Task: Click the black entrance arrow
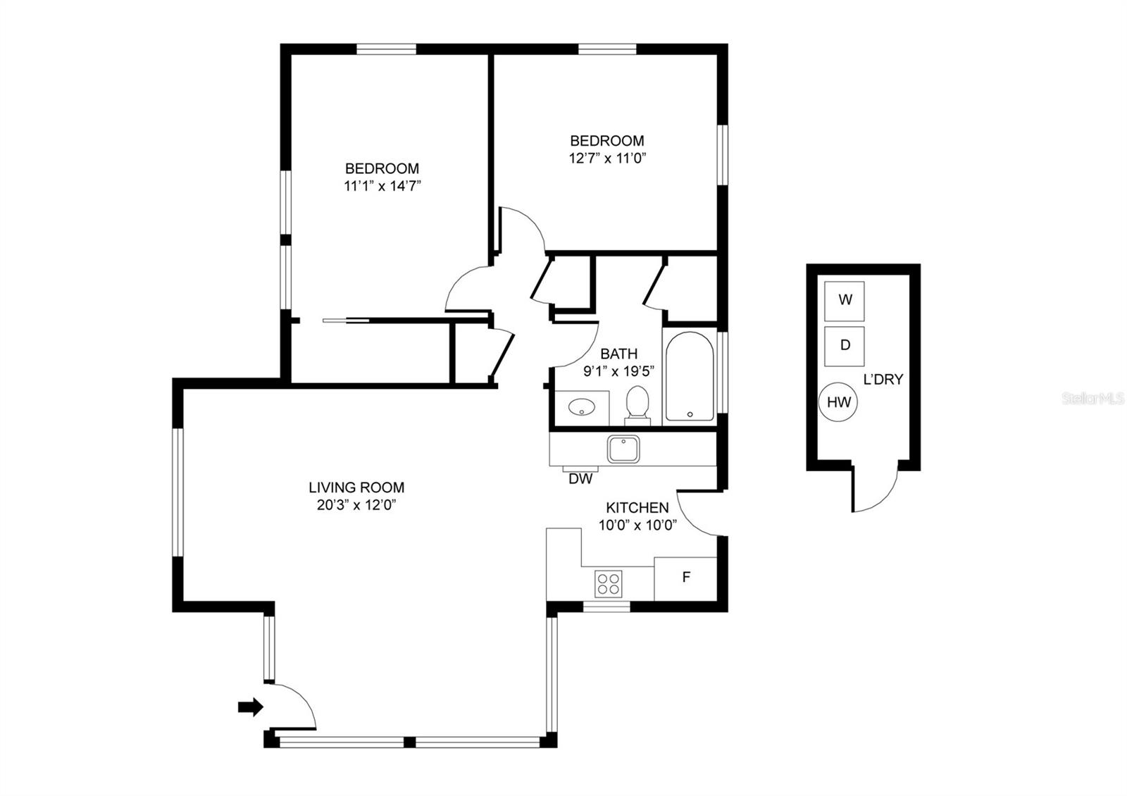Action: pyautogui.click(x=251, y=707)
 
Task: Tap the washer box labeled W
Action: pyautogui.click(x=845, y=301)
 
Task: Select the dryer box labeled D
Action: pyautogui.click(x=845, y=346)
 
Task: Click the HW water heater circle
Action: pyautogui.click(x=838, y=402)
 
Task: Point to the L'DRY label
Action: pyautogui.click(x=883, y=380)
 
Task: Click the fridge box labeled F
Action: pyautogui.click(x=685, y=578)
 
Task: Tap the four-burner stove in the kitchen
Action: pyautogui.click(x=609, y=584)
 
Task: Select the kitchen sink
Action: pyautogui.click(x=623, y=449)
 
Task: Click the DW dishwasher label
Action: pyautogui.click(x=580, y=479)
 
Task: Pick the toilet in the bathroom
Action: pyautogui.click(x=637, y=405)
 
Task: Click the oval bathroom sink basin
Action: pyautogui.click(x=582, y=406)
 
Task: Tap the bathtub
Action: pyautogui.click(x=690, y=376)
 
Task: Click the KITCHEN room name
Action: pyautogui.click(x=637, y=507)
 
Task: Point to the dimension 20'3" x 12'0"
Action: pyautogui.click(x=356, y=504)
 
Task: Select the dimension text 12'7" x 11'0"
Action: pyautogui.click(x=607, y=158)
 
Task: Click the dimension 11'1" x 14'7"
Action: pyautogui.click(x=382, y=186)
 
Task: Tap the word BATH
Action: pyautogui.click(x=619, y=353)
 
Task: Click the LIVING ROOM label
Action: pyautogui.click(x=356, y=487)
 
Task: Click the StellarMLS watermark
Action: pyautogui.click(x=1092, y=399)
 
